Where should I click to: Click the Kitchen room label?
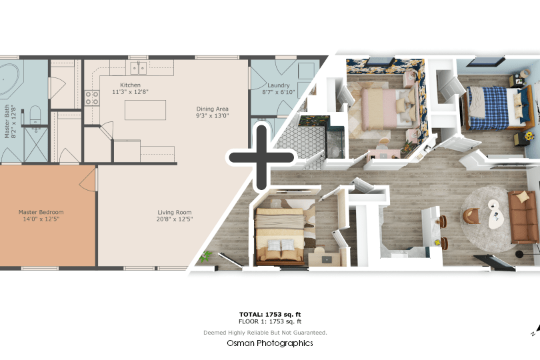tap(130, 88)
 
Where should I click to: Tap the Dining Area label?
tap(212, 112)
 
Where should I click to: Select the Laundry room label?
tap(278, 89)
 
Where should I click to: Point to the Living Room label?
tap(175, 215)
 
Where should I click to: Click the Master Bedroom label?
tap(41, 215)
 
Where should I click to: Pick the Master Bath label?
tap(10, 121)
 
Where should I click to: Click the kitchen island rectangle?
tap(145, 110)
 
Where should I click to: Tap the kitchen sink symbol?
tap(139, 68)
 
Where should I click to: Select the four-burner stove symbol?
tap(92, 97)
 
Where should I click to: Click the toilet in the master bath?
tap(35, 113)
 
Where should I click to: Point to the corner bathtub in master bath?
tap(9, 80)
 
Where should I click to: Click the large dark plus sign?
tap(261, 158)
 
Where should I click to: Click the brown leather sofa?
tap(523, 217)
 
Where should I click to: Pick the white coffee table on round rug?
tap(495, 213)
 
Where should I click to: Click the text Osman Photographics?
tap(269, 343)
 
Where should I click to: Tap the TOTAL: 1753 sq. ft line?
tap(270, 314)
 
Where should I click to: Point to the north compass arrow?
tap(535, 329)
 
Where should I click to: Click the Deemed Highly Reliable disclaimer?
tap(265, 333)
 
